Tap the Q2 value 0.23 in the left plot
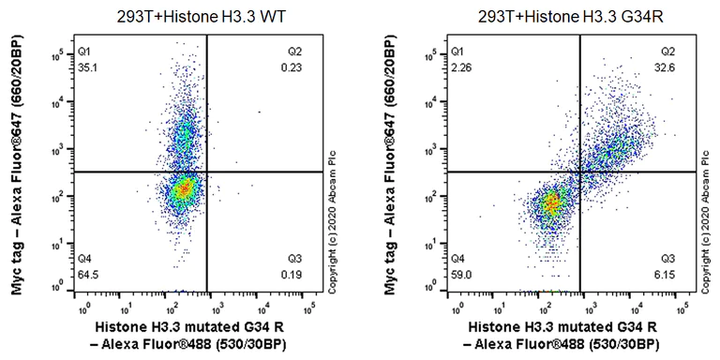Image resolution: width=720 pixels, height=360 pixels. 302,67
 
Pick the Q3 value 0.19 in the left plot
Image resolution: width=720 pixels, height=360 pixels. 302,272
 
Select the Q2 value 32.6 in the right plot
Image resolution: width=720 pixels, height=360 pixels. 670,66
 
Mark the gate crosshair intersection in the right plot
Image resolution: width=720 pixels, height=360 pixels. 581,172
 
